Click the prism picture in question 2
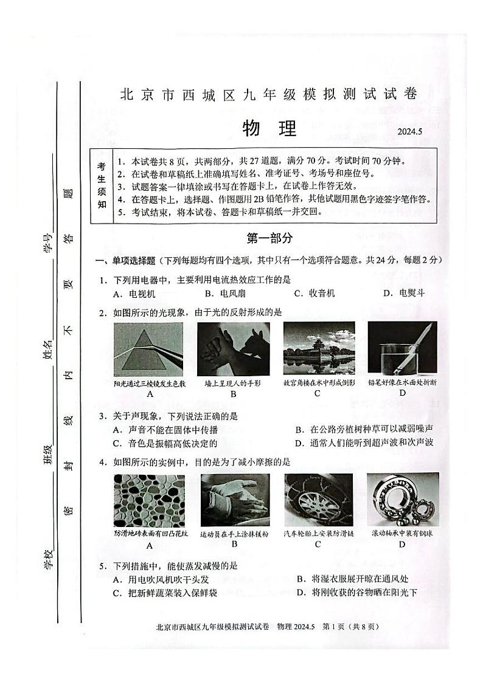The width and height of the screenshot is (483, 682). (x=148, y=350)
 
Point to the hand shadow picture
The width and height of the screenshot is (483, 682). (x=233, y=350)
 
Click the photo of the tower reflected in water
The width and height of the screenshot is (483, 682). (x=319, y=350)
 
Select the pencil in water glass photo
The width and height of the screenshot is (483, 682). (x=403, y=350)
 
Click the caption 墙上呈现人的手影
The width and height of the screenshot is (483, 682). (x=233, y=383)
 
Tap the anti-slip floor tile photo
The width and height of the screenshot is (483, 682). (x=148, y=500)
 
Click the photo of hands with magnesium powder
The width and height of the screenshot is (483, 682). (x=233, y=500)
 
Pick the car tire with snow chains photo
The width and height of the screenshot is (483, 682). (x=318, y=500)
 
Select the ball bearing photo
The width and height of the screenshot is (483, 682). (x=403, y=500)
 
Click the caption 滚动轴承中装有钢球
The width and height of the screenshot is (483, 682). (x=403, y=534)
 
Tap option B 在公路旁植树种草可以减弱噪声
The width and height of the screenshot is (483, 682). (x=364, y=429)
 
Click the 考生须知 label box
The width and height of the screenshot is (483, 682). (x=101, y=187)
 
